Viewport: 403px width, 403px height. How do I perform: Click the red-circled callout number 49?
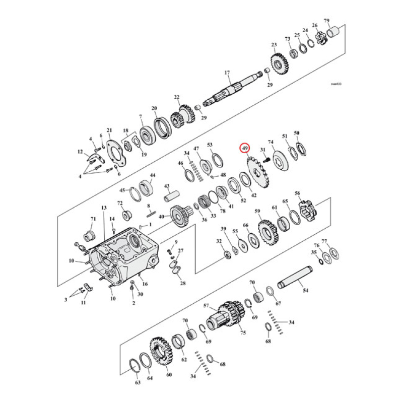(x=245, y=149)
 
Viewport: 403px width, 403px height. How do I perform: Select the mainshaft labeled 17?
(x=237, y=88)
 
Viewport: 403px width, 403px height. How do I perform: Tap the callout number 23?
(x=274, y=45)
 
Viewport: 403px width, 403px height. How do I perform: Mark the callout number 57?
(x=206, y=306)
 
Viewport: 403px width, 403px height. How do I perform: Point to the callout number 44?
(x=153, y=175)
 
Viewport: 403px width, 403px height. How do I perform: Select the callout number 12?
(x=80, y=152)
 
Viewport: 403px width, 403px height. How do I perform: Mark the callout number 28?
(x=182, y=284)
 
